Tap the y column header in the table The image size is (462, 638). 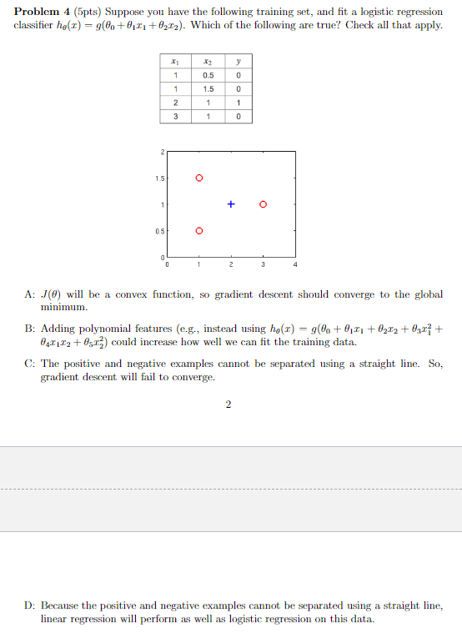point(239,61)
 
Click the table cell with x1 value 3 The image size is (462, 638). point(175,117)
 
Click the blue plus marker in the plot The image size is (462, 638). point(231,203)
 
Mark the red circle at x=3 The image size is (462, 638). point(264,203)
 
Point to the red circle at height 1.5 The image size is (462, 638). point(198,178)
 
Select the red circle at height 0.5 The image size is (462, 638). point(198,230)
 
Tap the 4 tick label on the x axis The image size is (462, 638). point(295,265)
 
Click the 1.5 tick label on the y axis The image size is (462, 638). point(158,178)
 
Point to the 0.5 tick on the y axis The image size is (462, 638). point(158,230)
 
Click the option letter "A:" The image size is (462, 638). point(29,295)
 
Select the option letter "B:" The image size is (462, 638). point(29,329)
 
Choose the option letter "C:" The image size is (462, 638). point(29,364)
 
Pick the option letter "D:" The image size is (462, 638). point(29,605)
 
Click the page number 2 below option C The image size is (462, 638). point(229,405)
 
